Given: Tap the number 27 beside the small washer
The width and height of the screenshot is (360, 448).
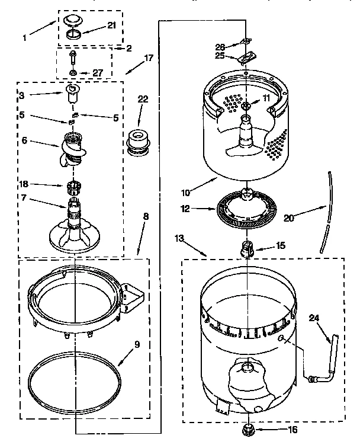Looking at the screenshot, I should tap(98, 73).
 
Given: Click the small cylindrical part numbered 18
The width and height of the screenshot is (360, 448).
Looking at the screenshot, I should tap(73, 188).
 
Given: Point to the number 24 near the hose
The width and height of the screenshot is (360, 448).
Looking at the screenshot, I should tap(314, 318).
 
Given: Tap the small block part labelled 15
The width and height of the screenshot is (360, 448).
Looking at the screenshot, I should tap(246, 249).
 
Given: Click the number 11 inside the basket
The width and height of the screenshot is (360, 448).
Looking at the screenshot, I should tap(266, 98).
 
